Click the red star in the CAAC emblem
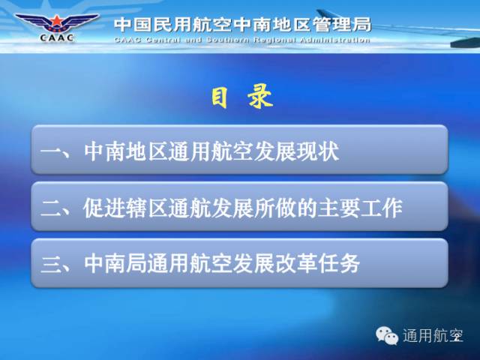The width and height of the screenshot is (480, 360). [x=57, y=21]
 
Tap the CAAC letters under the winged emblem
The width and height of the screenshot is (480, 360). [x=57, y=37]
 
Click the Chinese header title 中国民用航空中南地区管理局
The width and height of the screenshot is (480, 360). [x=243, y=25]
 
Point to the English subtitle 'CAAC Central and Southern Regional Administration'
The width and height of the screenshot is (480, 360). [x=242, y=40]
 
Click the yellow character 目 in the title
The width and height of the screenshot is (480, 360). [x=220, y=97]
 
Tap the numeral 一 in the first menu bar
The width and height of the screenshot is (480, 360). [x=50, y=151]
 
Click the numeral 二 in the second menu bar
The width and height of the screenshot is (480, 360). [x=50, y=208]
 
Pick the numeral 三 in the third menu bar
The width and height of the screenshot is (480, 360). [x=50, y=265]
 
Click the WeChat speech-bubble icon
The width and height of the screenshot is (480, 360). [x=387, y=335]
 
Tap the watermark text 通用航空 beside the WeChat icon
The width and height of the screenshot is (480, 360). [x=433, y=335]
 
